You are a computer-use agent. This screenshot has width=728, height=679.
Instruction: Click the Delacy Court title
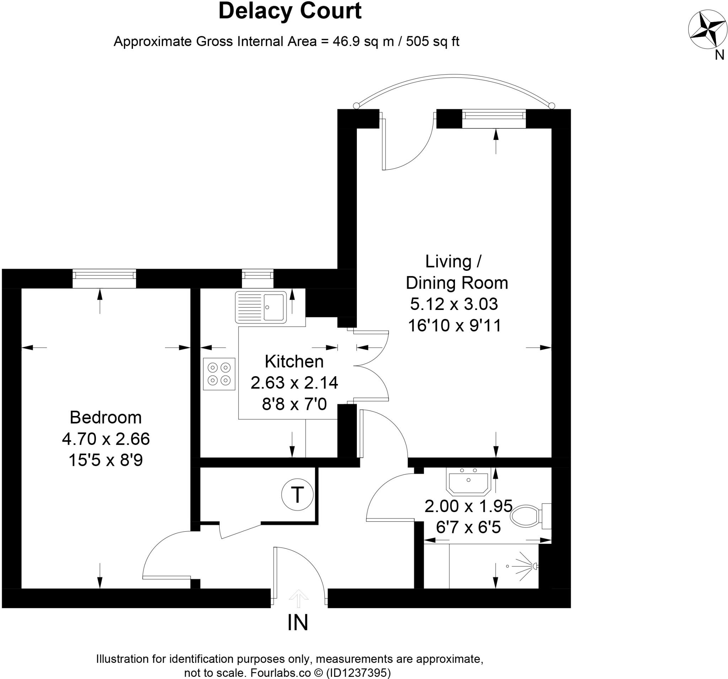tap(290, 11)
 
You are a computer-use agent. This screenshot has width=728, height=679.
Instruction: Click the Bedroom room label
tap(106, 417)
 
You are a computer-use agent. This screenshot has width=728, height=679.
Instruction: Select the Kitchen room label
tap(294, 362)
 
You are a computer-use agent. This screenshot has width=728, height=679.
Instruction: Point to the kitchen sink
tap(261, 307)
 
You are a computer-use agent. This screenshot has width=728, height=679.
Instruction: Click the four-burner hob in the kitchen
tap(219, 374)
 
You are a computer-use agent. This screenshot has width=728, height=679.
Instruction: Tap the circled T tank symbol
tap(298, 495)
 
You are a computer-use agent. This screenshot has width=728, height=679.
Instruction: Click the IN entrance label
tap(298, 622)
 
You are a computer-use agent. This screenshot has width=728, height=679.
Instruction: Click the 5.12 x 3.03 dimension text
tap(454, 304)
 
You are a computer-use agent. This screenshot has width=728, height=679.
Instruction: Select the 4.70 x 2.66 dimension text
tap(106, 439)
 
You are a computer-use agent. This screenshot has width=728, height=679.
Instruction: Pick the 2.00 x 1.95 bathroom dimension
tap(468, 506)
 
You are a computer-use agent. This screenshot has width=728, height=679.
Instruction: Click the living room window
tap(494, 119)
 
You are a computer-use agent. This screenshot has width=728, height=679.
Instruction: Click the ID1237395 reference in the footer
tap(359, 672)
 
